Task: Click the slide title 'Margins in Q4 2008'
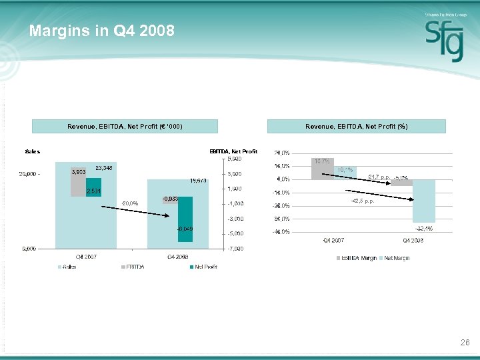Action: (x=101, y=31)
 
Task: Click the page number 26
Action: (x=465, y=343)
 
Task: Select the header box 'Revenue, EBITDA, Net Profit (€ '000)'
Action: (x=125, y=127)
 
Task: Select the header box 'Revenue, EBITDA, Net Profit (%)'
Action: (x=357, y=127)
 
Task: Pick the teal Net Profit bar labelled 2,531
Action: (x=93, y=187)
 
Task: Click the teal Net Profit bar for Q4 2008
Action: (x=185, y=217)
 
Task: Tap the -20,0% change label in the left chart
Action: (x=129, y=203)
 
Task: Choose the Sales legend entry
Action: (x=69, y=267)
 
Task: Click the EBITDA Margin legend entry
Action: (x=359, y=258)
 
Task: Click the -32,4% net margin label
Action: (x=423, y=229)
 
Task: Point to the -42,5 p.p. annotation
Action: (x=363, y=201)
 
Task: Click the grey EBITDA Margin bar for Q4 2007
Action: (x=322, y=169)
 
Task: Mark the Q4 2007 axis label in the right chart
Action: (x=333, y=240)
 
